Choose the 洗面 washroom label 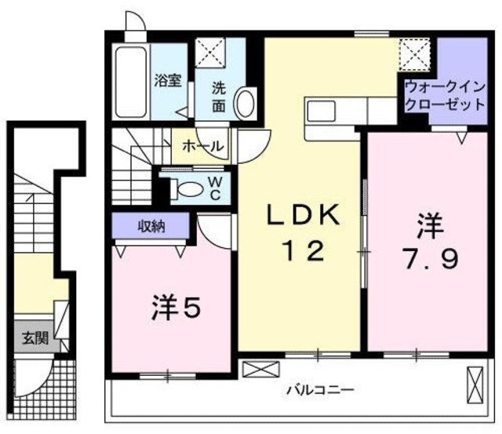pyautogui.click(x=218, y=96)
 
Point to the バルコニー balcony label pyautogui.click(x=319, y=389)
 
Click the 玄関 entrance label pyautogui.click(x=35, y=339)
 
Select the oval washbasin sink pyautogui.click(x=246, y=103)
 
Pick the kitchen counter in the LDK pyautogui.click(x=338, y=111)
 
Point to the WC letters pyautogui.click(x=213, y=189)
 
